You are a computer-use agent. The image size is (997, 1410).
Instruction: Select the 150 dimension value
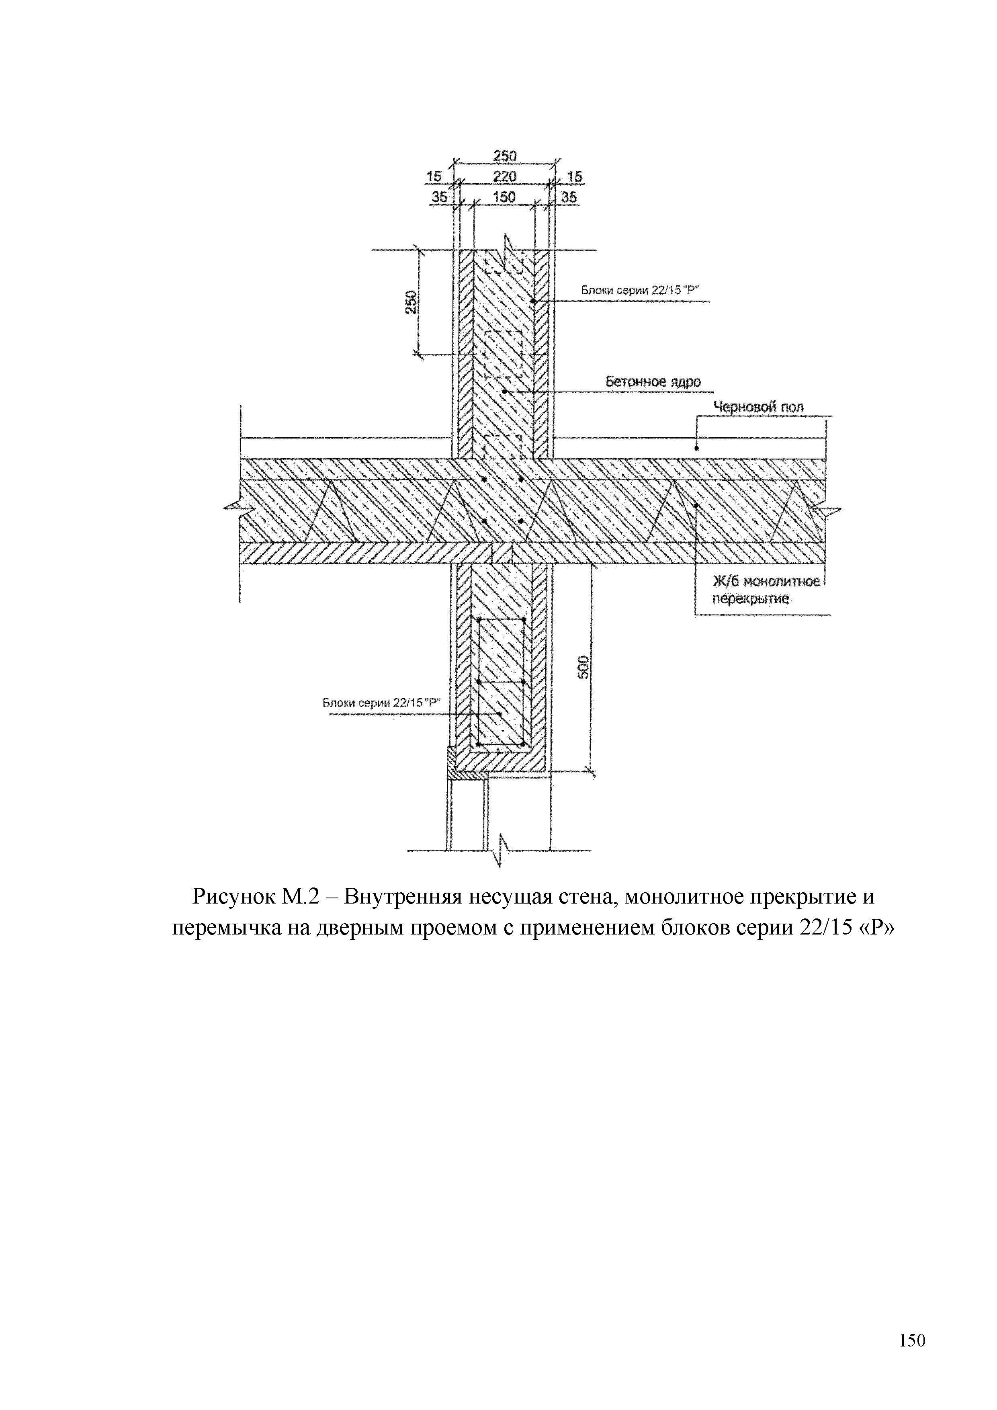tap(504, 197)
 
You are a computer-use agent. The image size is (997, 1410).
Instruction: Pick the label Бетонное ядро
tap(653, 381)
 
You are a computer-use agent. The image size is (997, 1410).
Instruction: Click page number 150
tap(912, 1340)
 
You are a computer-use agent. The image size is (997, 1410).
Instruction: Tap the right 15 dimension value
tap(574, 177)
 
